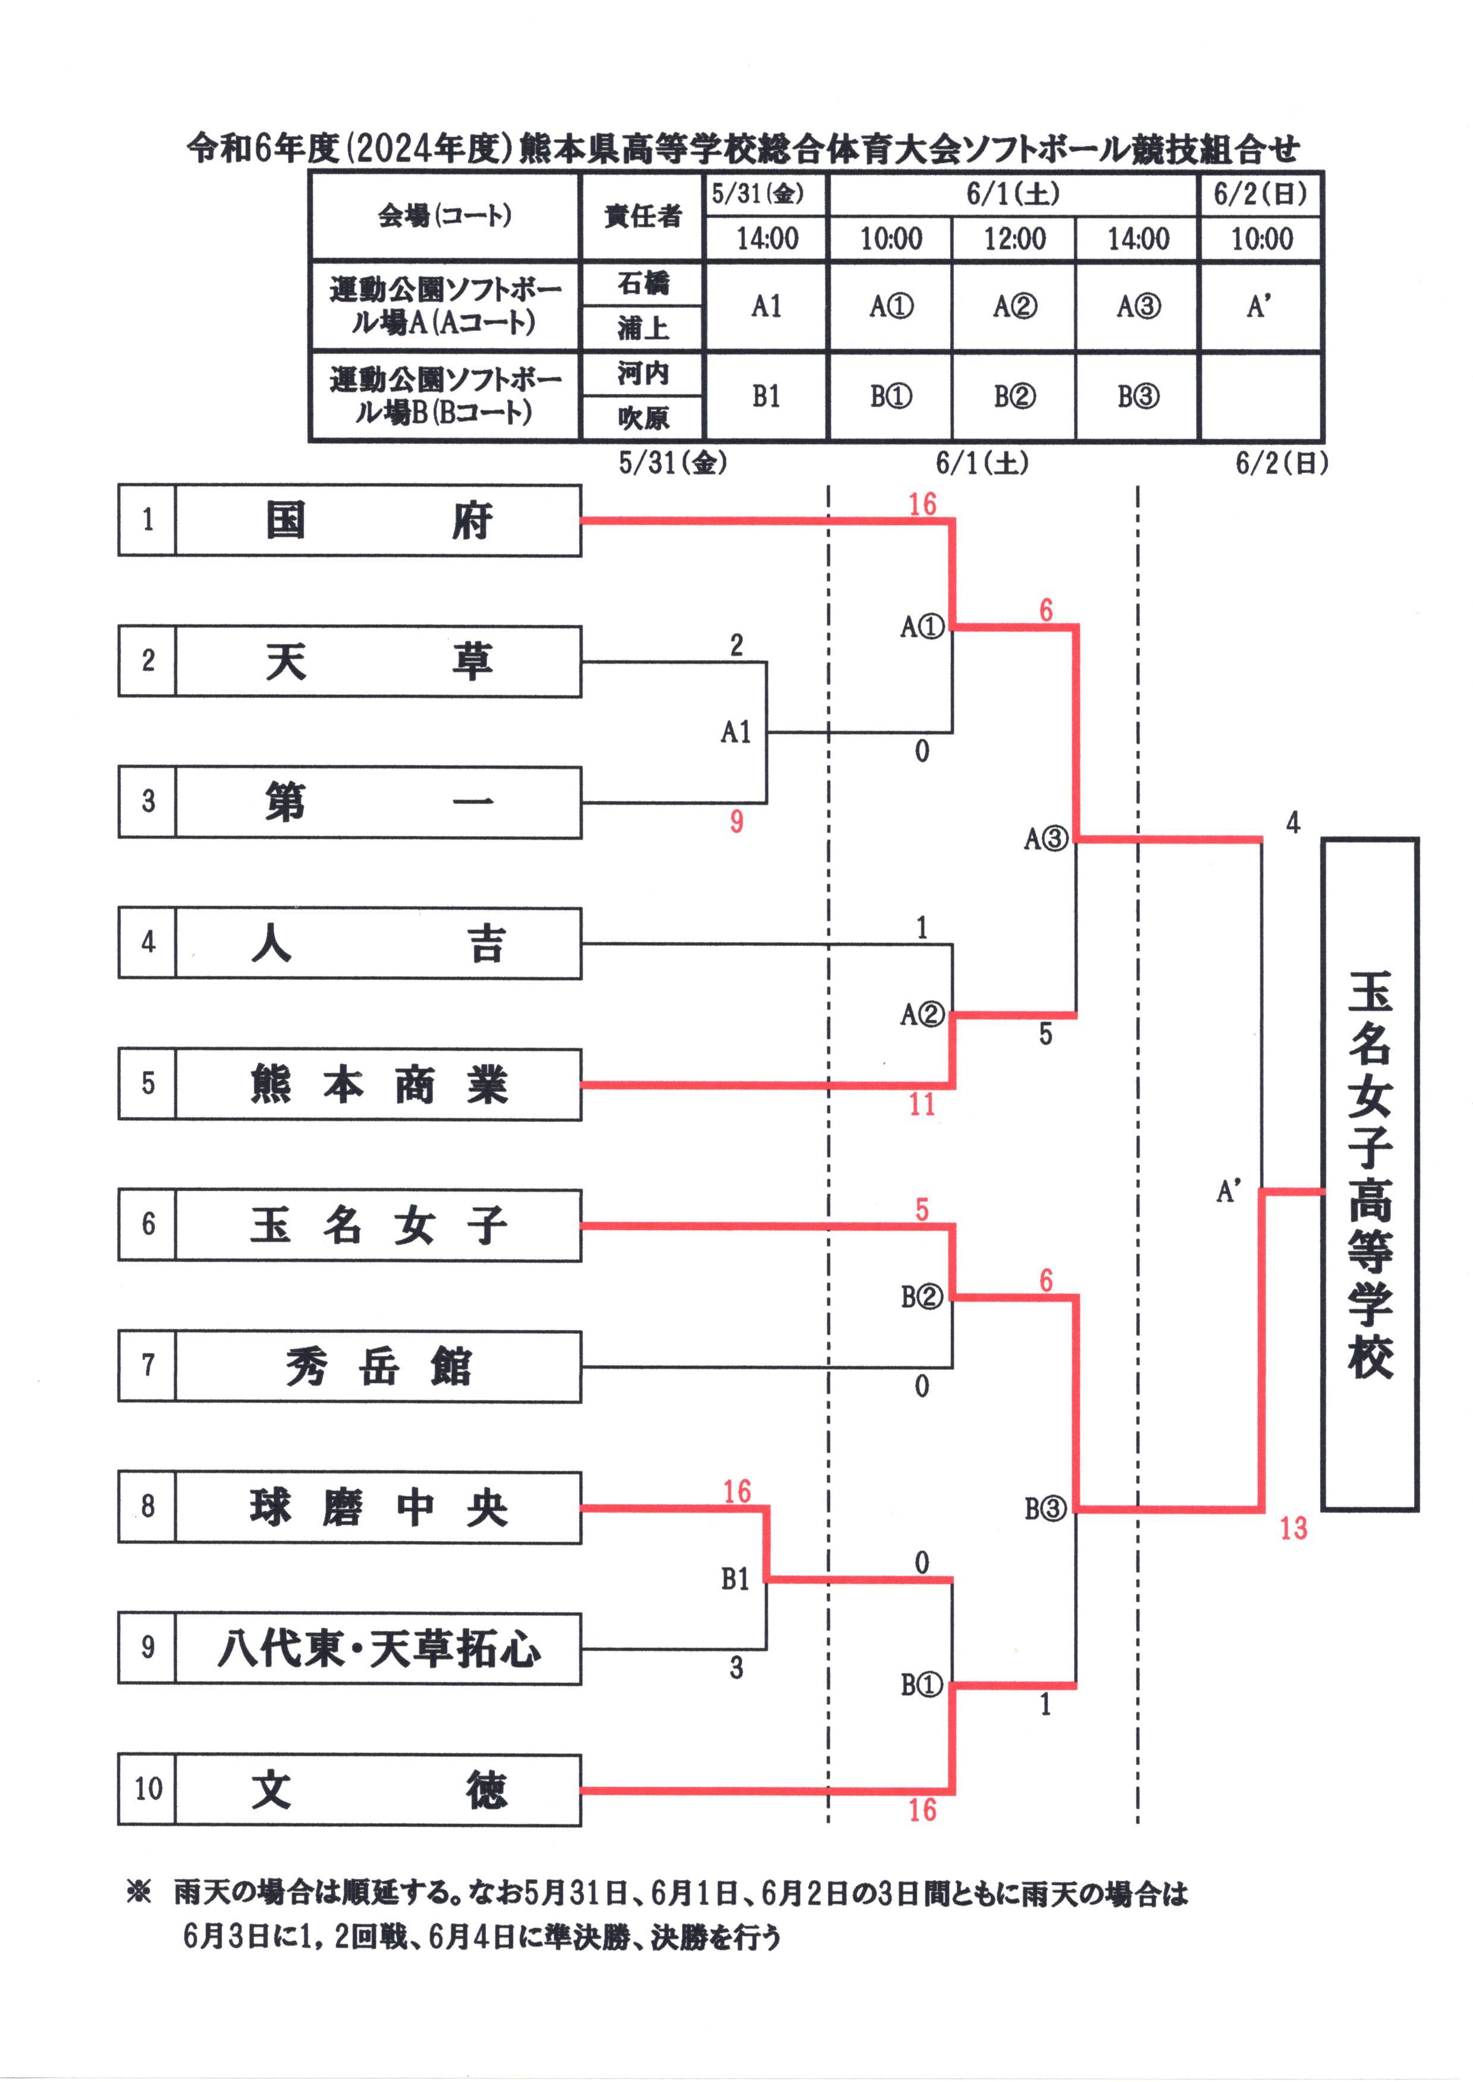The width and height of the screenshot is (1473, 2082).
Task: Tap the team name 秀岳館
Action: (x=378, y=1366)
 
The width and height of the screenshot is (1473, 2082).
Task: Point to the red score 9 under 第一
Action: (x=736, y=822)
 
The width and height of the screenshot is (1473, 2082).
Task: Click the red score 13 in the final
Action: (x=1293, y=1529)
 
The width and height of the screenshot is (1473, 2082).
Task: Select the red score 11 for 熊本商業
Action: (x=922, y=1104)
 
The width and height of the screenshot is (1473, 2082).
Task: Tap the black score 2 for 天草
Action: (x=736, y=645)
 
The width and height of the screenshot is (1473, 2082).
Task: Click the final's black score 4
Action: (x=1293, y=823)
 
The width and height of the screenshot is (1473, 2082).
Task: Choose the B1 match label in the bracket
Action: (x=736, y=1579)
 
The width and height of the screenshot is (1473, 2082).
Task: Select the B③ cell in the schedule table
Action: (x=1138, y=396)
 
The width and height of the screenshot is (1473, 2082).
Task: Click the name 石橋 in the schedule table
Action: (x=643, y=284)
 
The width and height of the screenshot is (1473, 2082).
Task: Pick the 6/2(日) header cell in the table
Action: (x=1261, y=193)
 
